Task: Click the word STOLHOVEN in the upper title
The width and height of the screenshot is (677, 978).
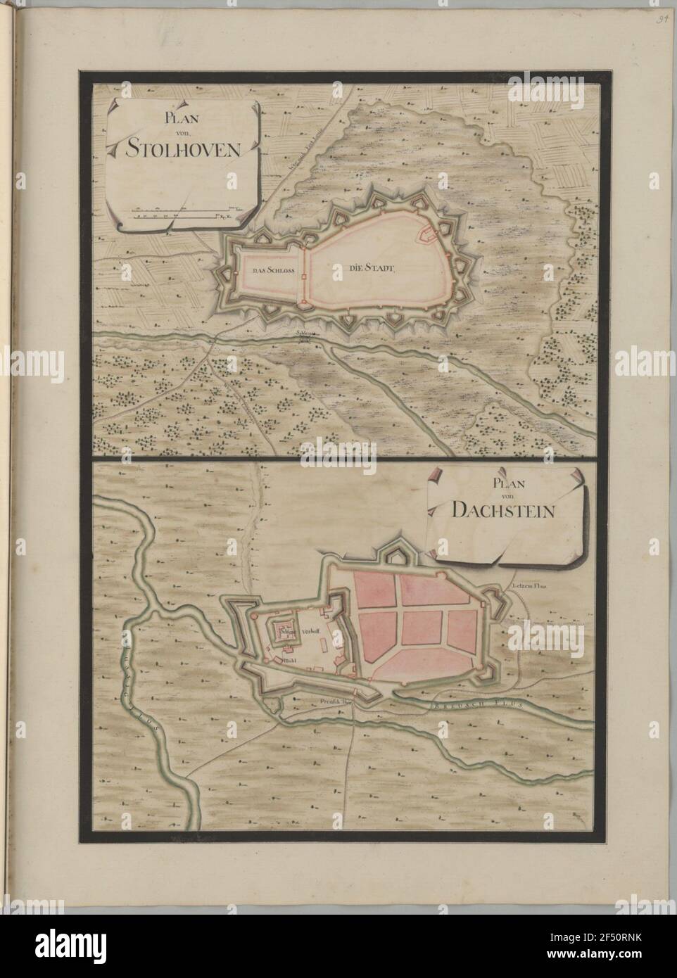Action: [184, 148]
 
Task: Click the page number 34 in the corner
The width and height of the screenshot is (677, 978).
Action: [662, 11]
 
